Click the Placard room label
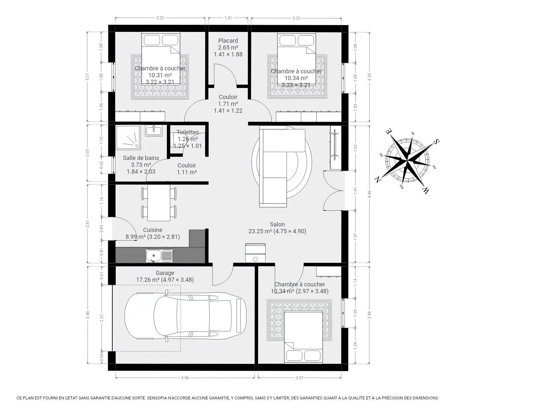click(228, 41)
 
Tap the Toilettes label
click(188, 132)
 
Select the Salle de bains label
click(141, 158)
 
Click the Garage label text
click(165, 273)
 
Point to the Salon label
click(277, 224)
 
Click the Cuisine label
click(153, 230)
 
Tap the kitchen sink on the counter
click(159, 255)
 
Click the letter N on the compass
click(378, 179)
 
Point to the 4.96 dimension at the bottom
click(185, 378)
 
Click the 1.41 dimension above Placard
click(228, 18)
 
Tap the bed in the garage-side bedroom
click(304, 337)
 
